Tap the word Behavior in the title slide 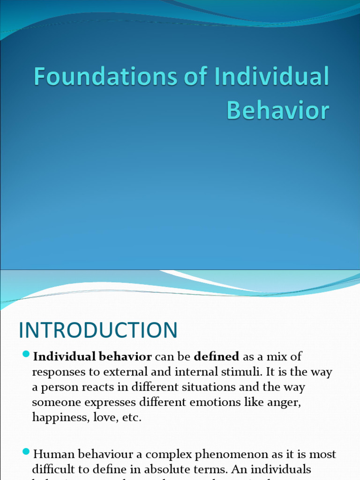pyautogui.click(x=278, y=110)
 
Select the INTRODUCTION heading pyautogui.click(x=98, y=330)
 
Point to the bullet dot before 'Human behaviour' pyautogui.click(x=26, y=452)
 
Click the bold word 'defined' pyautogui.click(x=217, y=357)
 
